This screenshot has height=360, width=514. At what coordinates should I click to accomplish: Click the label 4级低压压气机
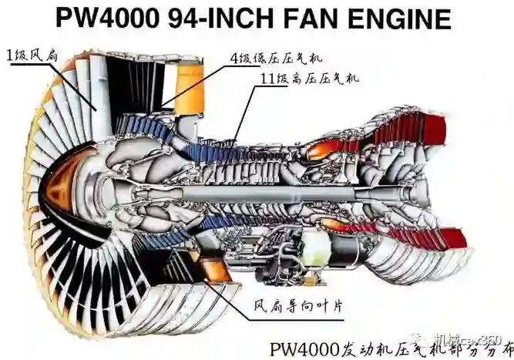(274, 58)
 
